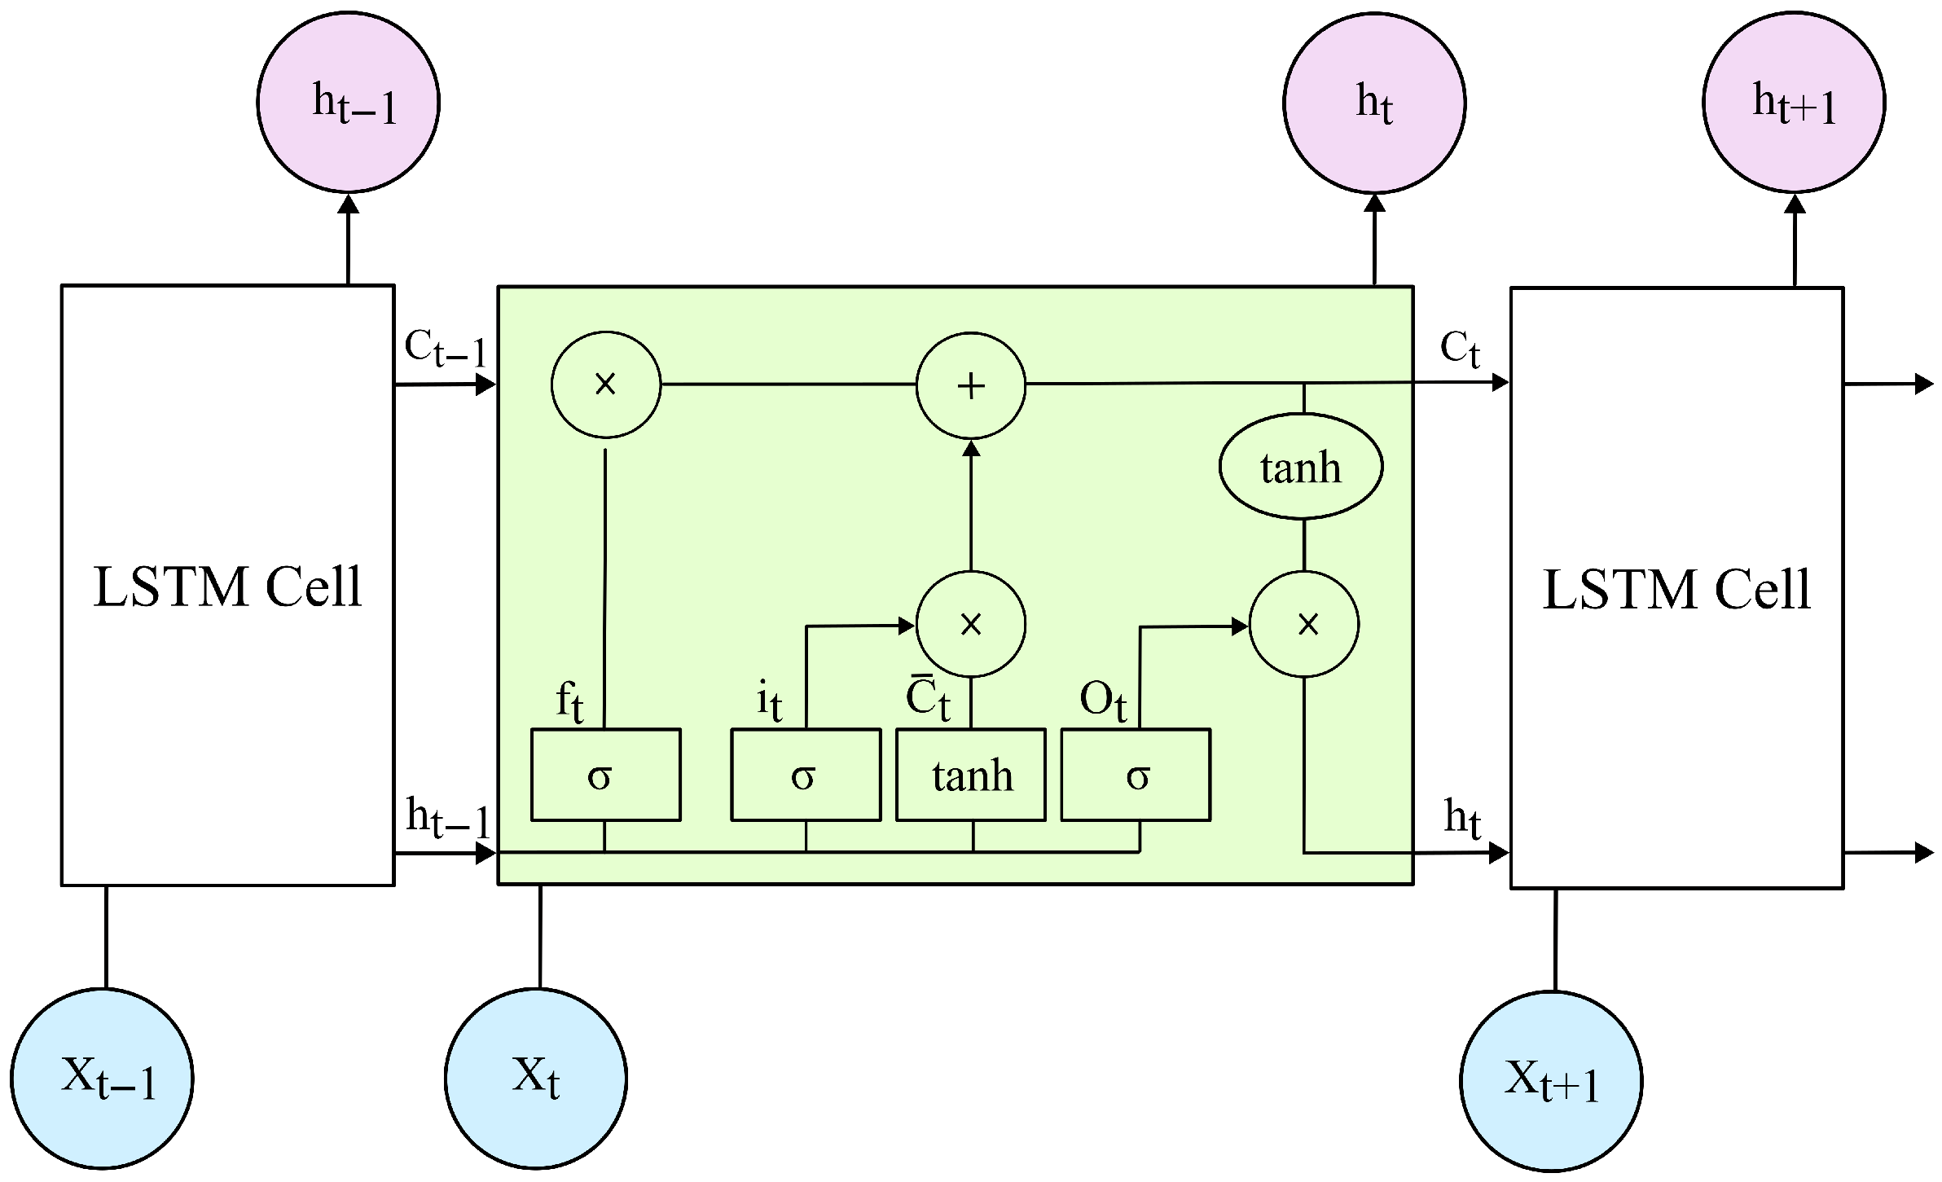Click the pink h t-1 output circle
(348, 102)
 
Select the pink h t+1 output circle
(1794, 103)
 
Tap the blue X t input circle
(535, 1078)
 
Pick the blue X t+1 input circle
(1550, 1080)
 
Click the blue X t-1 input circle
(102, 1079)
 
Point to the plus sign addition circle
(970, 384)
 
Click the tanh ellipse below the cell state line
(1300, 467)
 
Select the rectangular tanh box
(970, 775)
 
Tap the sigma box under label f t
(605, 775)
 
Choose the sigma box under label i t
(805, 775)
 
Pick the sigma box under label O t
(1135, 775)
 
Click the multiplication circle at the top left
(605, 384)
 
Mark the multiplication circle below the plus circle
(970, 624)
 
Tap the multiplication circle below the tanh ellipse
(1303, 624)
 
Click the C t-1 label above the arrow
(445, 349)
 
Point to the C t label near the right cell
(1459, 349)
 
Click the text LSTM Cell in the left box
(227, 587)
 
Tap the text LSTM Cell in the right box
(1676, 590)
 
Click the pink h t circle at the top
(1373, 103)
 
